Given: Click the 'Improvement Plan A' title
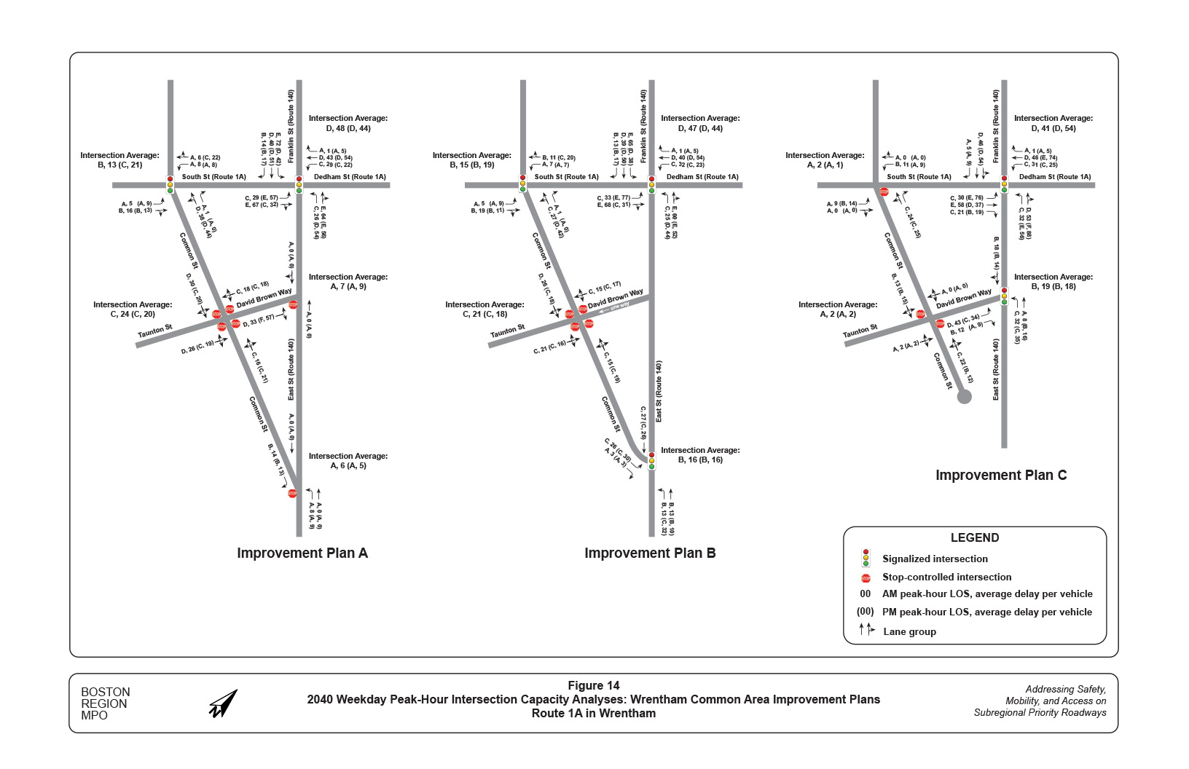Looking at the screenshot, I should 302,553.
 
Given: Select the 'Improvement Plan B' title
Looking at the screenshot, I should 650,553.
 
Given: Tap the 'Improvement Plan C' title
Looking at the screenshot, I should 1001,475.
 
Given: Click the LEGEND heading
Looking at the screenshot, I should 975,537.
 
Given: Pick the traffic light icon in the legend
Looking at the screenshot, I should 866,558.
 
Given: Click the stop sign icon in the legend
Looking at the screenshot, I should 866,577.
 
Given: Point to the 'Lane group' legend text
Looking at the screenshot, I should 909,631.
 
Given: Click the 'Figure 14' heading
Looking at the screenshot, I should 594,685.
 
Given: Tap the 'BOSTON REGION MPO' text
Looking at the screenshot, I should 105,703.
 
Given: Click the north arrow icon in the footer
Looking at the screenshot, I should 224,704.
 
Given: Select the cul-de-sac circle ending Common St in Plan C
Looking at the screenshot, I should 964,396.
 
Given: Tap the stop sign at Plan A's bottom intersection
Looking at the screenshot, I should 292,493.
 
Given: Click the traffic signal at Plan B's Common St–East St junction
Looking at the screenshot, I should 651,460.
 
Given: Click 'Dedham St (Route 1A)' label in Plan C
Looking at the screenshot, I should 1055,176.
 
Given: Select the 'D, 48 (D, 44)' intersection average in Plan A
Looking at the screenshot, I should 348,128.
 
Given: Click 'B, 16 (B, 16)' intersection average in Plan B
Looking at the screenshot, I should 700,460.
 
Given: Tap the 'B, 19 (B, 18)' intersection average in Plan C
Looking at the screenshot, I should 1053,286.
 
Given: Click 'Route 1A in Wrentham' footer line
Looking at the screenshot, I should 594,713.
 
